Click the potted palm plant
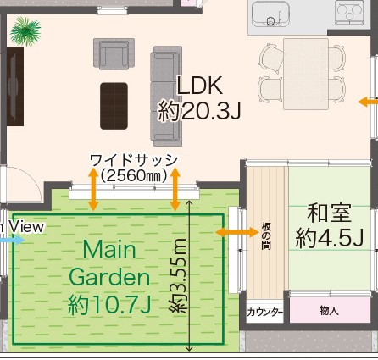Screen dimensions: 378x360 pyautogui.click(x=25, y=31)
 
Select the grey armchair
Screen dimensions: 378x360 pyautogui.click(x=114, y=53)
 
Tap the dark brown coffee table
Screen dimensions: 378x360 pyautogui.click(x=114, y=106)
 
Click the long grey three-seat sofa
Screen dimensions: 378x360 pyautogui.click(x=166, y=96)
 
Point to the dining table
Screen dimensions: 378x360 pyautogui.click(x=306, y=74)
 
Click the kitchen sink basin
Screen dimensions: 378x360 pyautogui.click(x=271, y=14)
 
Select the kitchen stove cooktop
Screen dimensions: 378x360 pyautogui.click(x=349, y=12)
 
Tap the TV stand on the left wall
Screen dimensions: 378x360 pyautogui.click(x=15, y=86)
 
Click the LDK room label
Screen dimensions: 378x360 pyautogui.click(x=200, y=86)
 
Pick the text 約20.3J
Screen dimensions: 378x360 pyautogui.click(x=199, y=111)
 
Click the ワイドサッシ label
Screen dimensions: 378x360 pyautogui.click(x=134, y=160)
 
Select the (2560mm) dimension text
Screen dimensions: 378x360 pyautogui.click(x=134, y=176)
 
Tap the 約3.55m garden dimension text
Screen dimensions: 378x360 pyautogui.click(x=178, y=275)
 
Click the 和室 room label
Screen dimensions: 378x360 pyautogui.click(x=330, y=213)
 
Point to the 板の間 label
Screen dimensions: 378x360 pyautogui.click(x=266, y=236)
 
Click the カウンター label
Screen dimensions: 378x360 pyautogui.click(x=264, y=313)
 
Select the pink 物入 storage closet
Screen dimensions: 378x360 pyautogui.click(x=330, y=310)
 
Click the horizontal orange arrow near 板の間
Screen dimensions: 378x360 pyautogui.click(x=237, y=232)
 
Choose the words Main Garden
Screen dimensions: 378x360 pyautogui.click(x=109, y=263)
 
